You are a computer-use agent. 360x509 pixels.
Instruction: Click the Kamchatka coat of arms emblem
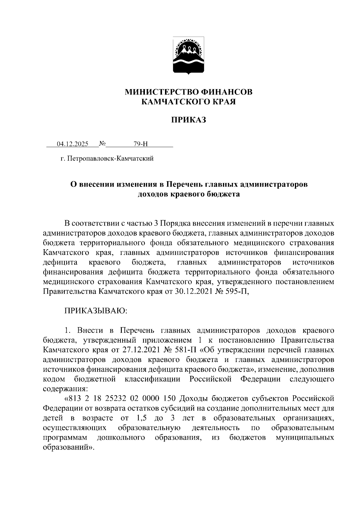click(x=189, y=56)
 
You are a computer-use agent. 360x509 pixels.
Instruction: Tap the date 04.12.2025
click(x=73, y=144)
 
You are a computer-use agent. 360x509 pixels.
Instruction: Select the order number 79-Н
click(x=141, y=144)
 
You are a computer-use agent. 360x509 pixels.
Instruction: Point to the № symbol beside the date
click(x=102, y=144)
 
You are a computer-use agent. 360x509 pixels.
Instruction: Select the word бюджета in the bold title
click(x=223, y=194)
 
